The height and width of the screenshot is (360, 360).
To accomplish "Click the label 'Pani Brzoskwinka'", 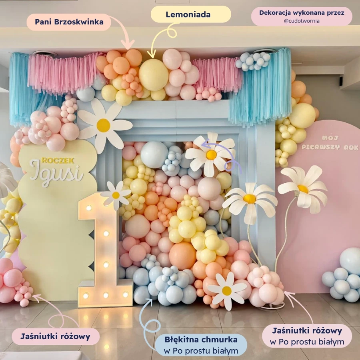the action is [x=69, y=22].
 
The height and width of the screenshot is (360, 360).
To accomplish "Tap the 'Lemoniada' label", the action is [x=188, y=15].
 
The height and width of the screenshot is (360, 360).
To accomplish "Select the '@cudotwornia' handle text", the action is [x=302, y=21].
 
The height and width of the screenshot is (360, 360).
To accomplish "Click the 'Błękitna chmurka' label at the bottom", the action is [x=201, y=339].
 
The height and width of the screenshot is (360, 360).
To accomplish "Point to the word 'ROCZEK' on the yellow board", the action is [x=58, y=160].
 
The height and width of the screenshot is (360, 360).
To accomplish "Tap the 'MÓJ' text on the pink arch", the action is [x=330, y=138].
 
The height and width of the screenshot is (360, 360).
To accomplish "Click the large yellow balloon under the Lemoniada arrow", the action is [x=153, y=75].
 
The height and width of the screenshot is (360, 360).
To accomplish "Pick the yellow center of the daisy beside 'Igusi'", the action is [x=103, y=125].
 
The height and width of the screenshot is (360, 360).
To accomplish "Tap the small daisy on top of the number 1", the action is [x=116, y=195].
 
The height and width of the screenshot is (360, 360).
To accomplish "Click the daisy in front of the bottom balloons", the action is [x=227, y=291].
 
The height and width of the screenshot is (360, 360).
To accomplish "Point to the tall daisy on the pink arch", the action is [x=303, y=189].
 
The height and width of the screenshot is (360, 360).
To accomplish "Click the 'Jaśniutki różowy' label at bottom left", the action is [x=56, y=336].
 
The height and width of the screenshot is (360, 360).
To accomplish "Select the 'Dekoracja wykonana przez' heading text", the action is [x=302, y=13].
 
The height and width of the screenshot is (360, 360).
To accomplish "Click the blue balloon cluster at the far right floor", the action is [x=342, y=276].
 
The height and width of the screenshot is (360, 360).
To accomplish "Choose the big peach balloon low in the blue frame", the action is [x=182, y=256].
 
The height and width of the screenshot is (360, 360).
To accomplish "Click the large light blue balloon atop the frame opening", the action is [x=154, y=154].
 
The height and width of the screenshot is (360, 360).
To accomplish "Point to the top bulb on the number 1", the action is [x=89, y=208].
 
